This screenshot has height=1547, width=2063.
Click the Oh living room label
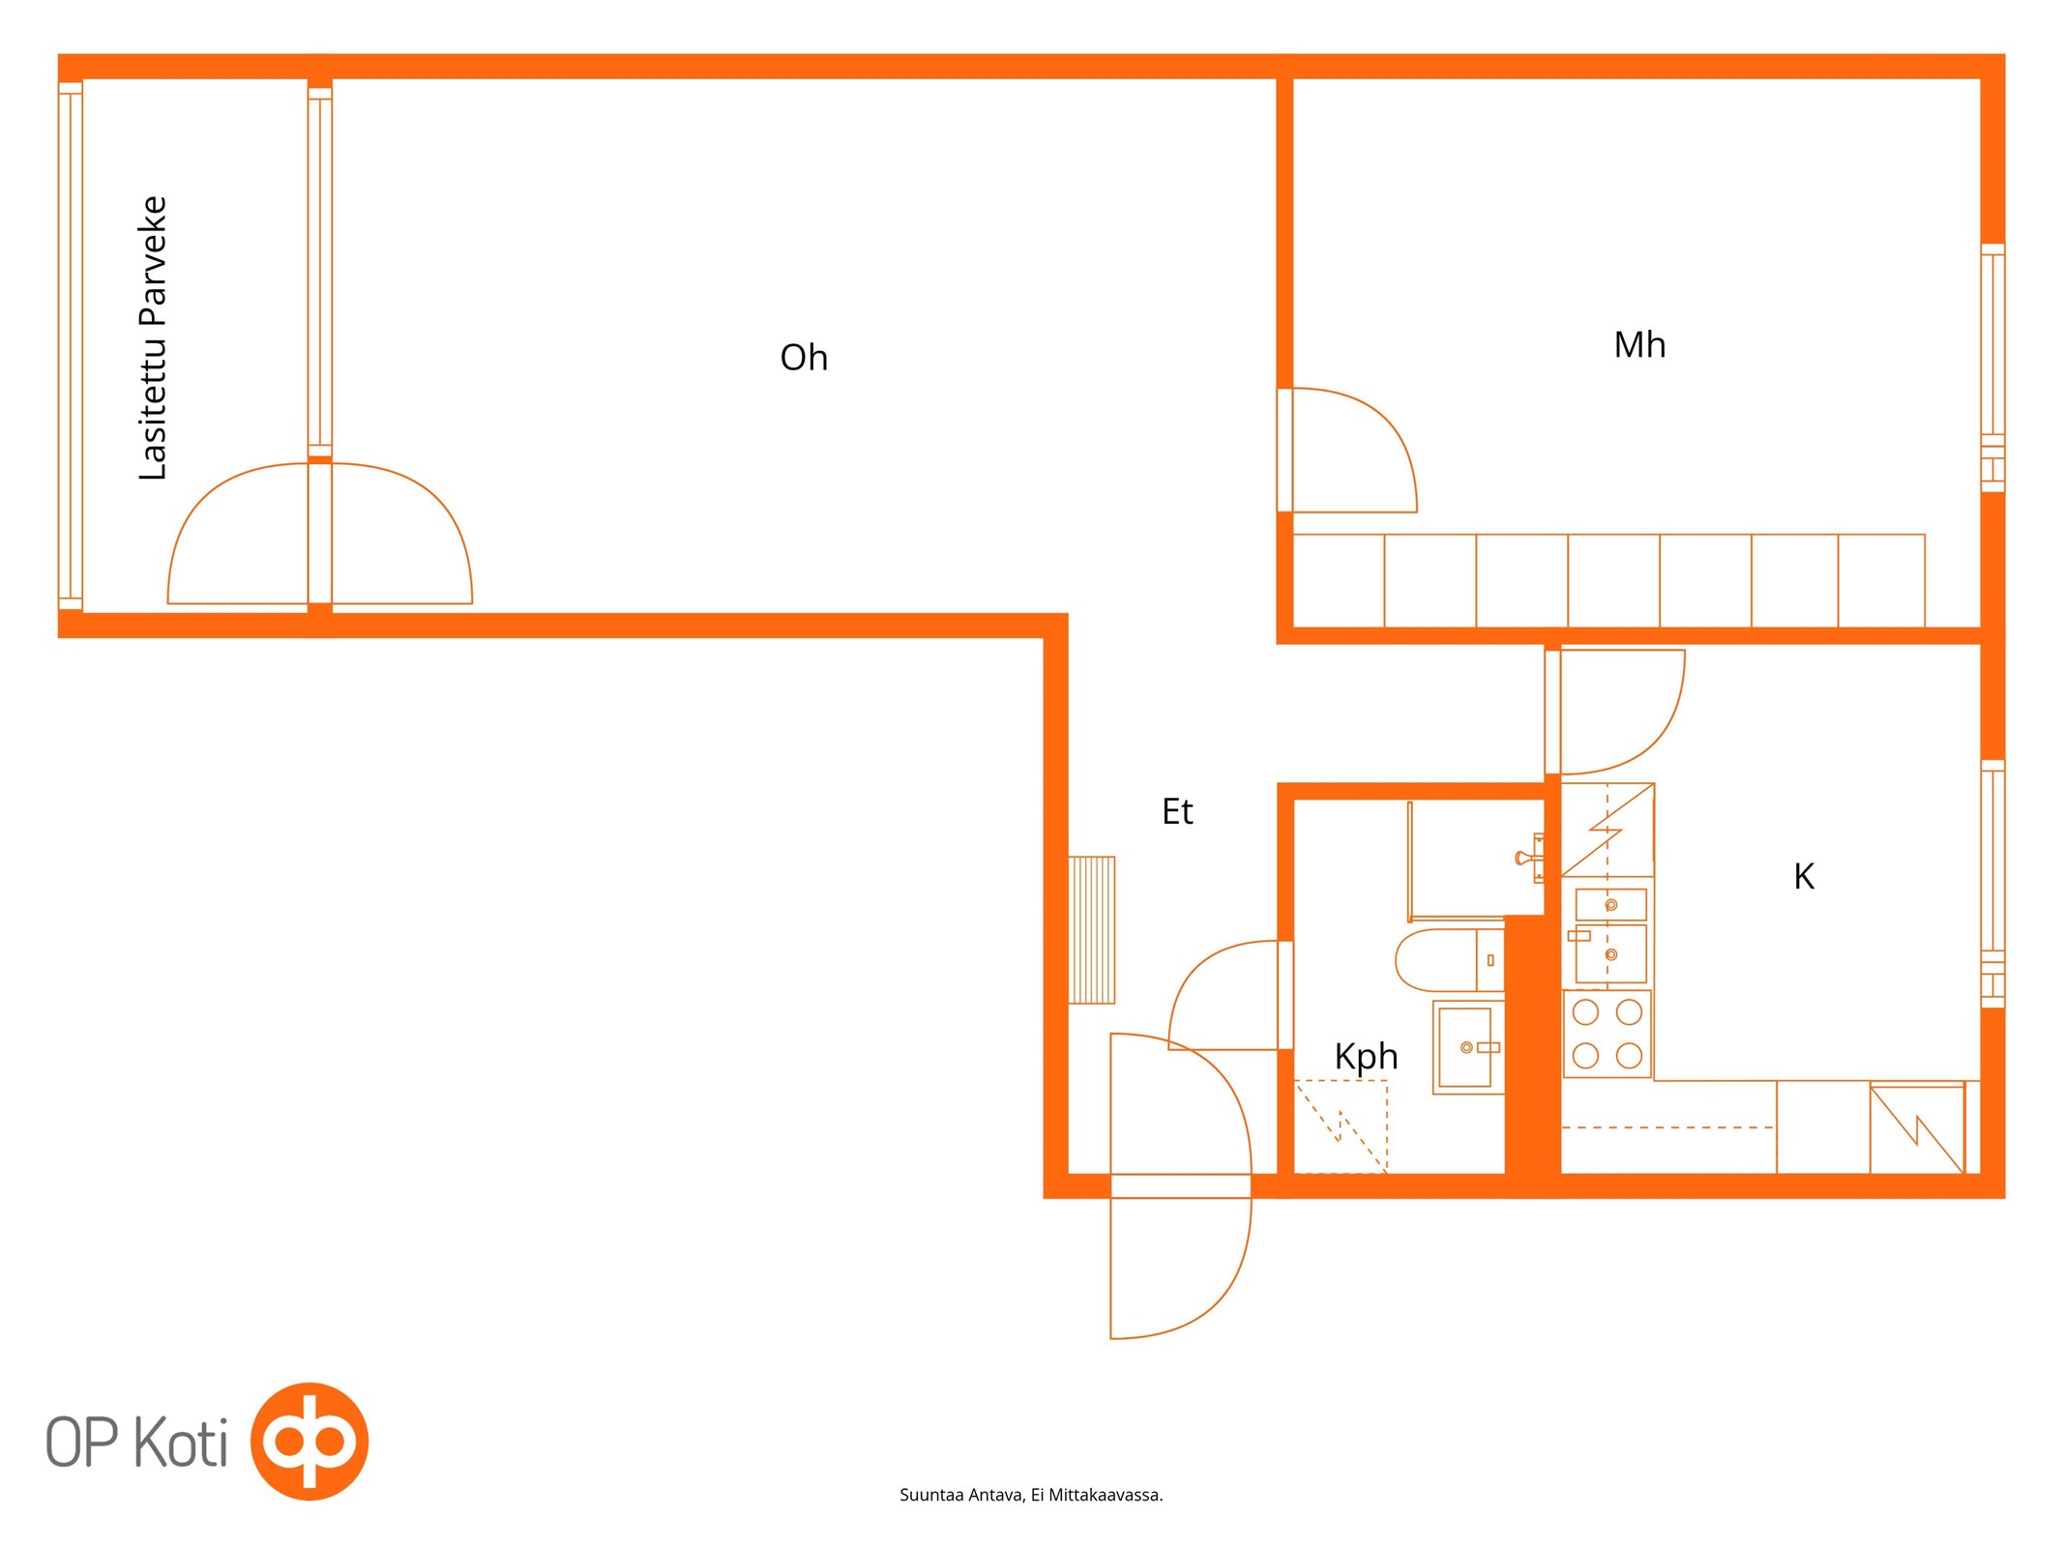point(804,358)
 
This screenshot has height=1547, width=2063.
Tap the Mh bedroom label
point(1639,345)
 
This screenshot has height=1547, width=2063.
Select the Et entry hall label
point(1177,811)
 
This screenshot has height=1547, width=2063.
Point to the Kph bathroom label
point(1366,1057)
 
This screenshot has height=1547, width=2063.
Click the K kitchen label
point(1804,877)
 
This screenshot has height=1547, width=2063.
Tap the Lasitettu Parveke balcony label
point(153,338)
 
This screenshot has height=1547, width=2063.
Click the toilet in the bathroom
point(1449,960)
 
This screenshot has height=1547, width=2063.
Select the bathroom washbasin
point(1468,1047)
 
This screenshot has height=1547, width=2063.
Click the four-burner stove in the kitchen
point(1606,1034)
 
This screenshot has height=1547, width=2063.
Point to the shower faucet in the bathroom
point(1530,858)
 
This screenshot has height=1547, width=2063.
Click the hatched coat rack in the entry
point(1091,930)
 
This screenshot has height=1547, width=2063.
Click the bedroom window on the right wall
point(1992,368)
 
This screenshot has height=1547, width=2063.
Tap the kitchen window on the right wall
point(1992,884)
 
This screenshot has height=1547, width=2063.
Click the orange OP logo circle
point(309,1442)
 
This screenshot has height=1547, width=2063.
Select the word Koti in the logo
point(180,1442)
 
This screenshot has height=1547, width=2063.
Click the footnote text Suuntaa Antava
point(960,1496)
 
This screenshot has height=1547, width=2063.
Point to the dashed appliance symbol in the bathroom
point(1341,1126)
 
